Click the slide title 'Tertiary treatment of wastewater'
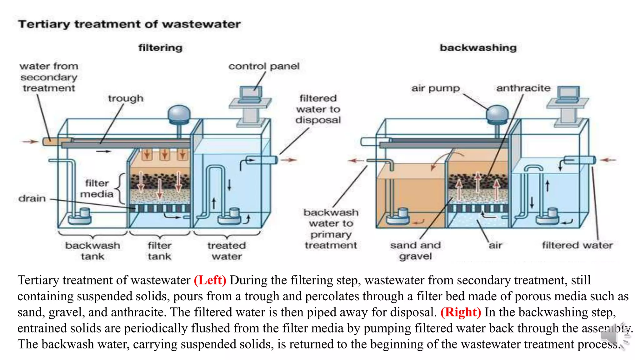click(x=129, y=24)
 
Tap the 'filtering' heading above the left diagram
click(x=160, y=48)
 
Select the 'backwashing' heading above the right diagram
click(x=478, y=48)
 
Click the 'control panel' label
click(x=264, y=66)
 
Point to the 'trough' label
click(x=126, y=98)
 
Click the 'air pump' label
click(x=435, y=88)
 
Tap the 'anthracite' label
click(x=523, y=88)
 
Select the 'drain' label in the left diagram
click(x=32, y=198)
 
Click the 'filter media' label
click(x=97, y=188)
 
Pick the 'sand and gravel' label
click(x=415, y=251)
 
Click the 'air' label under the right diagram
click(x=496, y=245)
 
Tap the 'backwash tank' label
click(x=92, y=251)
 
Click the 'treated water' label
click(x=227, y=251)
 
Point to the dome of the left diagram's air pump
click(x=179, y=113)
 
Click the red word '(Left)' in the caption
click(x=210, y=280)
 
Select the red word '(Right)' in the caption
click(x=461, y=312)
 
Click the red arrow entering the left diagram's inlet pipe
click(x=30, y=142)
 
